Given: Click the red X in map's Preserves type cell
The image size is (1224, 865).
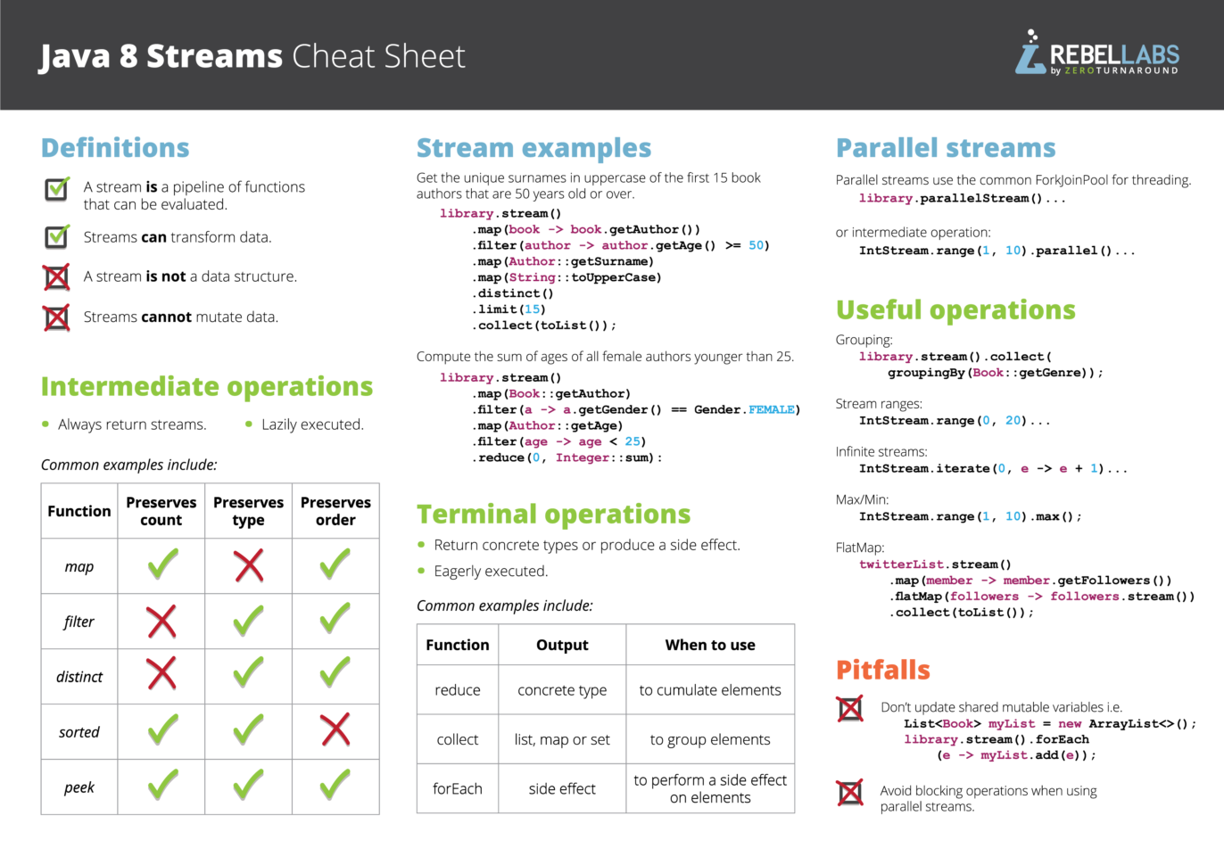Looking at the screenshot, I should pyautogui.click(x=249, y=565).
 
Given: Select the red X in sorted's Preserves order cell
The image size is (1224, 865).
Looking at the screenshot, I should pyautogui.click(x=335, y=730).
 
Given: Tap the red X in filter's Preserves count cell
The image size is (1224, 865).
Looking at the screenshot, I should pyautogui.click(x=161, y=622).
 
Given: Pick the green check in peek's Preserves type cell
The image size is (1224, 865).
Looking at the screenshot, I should pyautogui.click(x=249, y=785).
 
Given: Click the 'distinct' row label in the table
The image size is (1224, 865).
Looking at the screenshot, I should pyautogui.click(x=79, y=677).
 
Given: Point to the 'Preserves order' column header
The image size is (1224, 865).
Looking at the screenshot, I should pyautogui.click(x=335, y=511).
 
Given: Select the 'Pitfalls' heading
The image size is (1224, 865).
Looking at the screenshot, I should pyautogui.click(x=882, y=670).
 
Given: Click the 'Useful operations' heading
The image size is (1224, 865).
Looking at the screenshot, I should pyautogui.click(x=955, y=309).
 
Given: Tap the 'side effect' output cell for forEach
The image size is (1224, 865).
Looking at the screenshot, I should pyautogui.click(x=562, y=788).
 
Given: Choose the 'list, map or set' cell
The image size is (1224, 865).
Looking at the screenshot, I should pyautogui.click(x=562, y=739).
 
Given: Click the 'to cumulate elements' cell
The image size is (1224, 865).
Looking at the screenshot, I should pyautogui.click(x=710, y=690).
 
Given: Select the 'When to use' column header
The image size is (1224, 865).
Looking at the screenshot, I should pyautogui.click(x=710, y=645).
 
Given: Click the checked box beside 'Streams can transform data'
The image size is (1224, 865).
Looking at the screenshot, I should pyautogui.click(x=57, y=236).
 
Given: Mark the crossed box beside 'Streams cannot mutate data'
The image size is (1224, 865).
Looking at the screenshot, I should pyautogui.click(x=57, y=317).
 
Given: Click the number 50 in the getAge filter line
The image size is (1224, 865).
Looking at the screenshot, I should pyautogui.click(x=757, y=246).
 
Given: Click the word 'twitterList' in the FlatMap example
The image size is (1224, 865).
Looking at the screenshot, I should pyautogui.click(x=900, y=564).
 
